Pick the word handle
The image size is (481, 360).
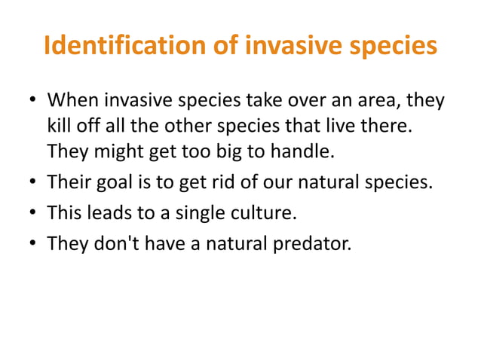tap(301, 151)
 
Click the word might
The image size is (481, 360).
tap(117, 151)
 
